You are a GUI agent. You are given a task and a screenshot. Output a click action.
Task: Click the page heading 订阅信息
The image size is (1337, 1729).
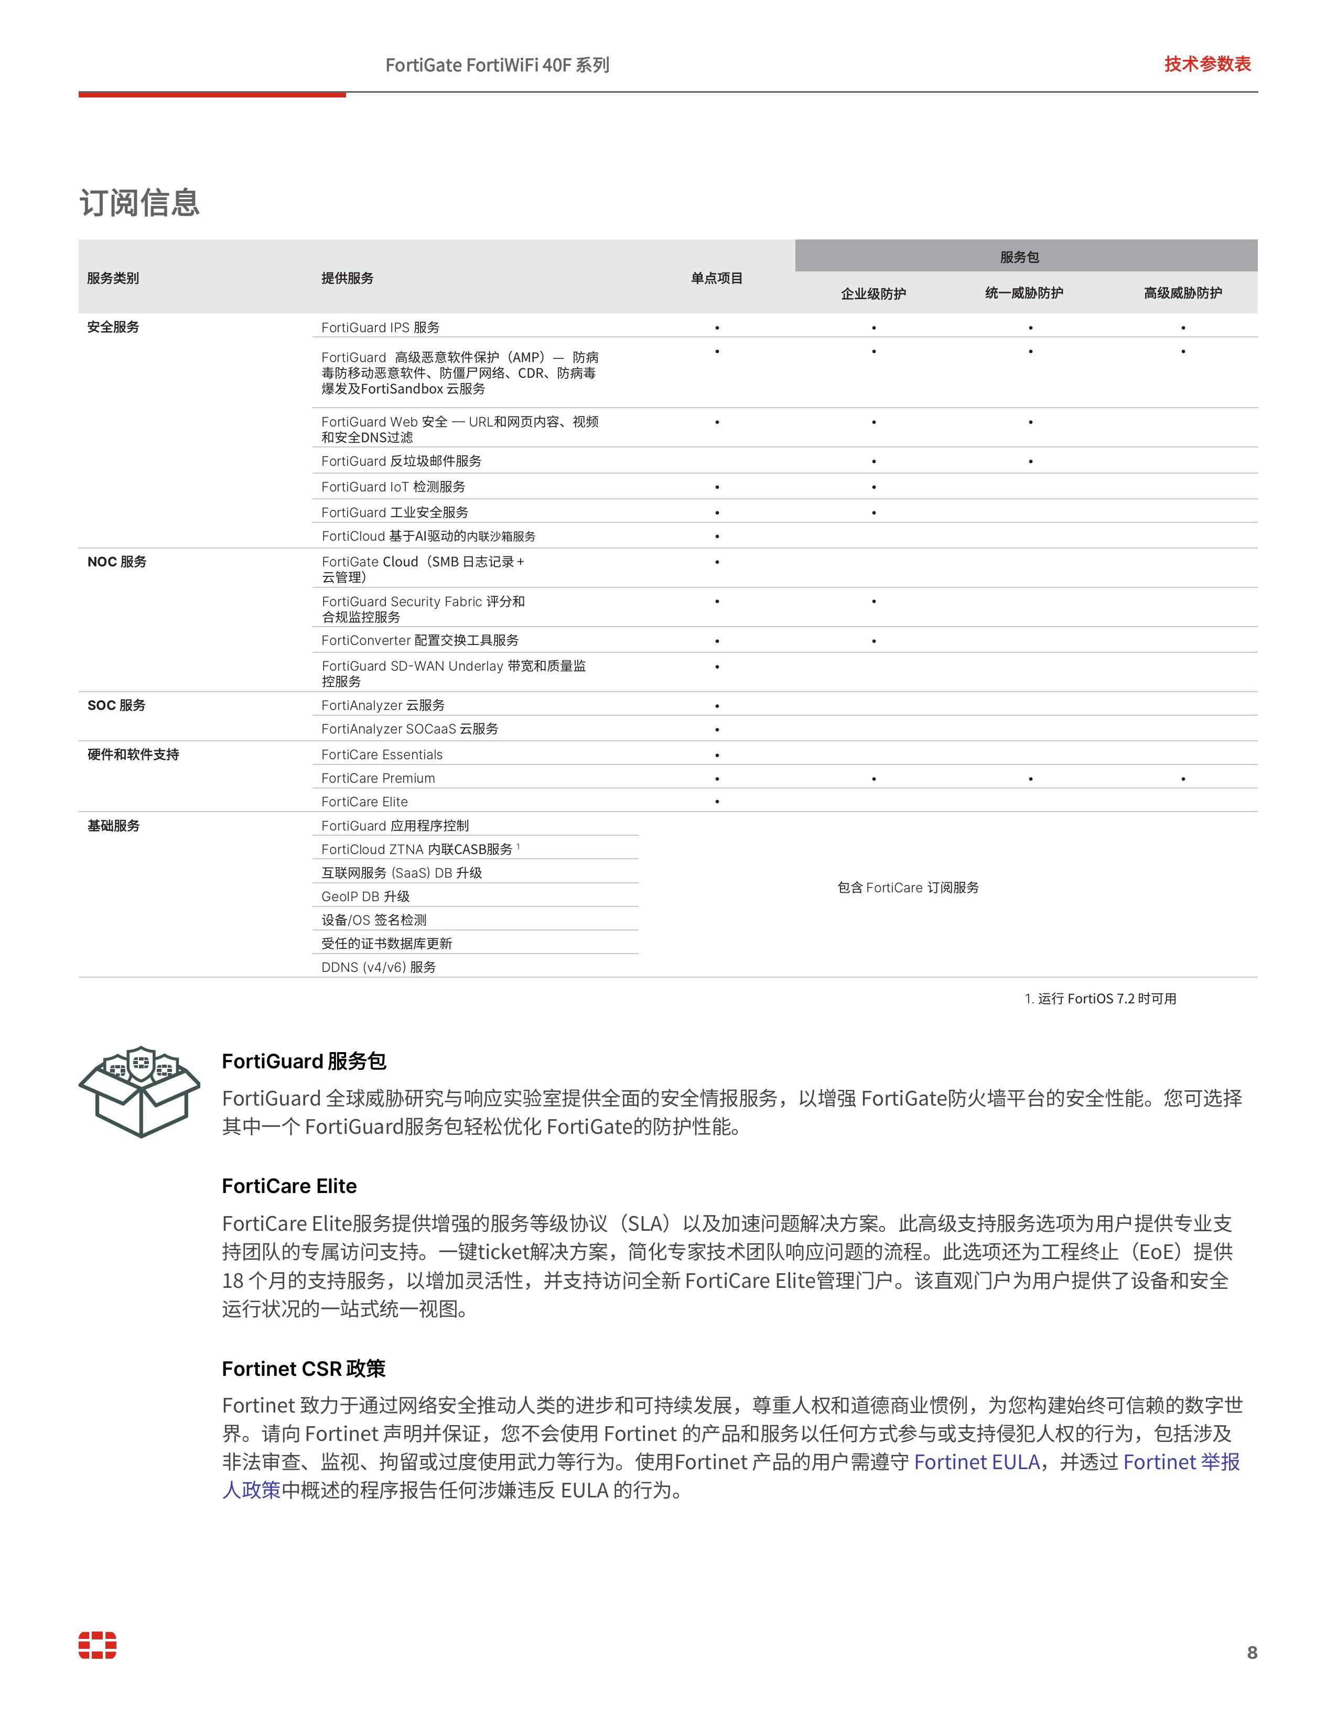pos(139,203)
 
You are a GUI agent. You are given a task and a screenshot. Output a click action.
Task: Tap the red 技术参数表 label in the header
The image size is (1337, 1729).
pos(1207,64)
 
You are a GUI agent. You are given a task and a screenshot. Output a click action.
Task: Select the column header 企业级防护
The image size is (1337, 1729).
pos(873,294)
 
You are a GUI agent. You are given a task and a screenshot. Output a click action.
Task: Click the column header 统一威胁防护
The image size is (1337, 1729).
pos(1024,293)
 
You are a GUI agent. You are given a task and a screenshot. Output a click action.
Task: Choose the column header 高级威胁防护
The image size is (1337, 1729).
pos(1182,293)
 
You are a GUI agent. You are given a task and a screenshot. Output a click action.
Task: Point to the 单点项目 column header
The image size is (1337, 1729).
pos(717,278)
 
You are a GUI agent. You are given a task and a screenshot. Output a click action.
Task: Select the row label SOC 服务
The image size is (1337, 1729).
pos(116,705)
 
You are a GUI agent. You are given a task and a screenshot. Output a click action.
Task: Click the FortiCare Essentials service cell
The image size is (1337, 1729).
pos(382,754)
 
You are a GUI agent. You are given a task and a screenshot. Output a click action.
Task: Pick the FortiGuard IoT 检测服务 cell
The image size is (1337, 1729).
pos(393,486)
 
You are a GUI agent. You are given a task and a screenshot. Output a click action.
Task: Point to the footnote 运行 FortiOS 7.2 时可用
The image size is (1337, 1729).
pos(1101,998)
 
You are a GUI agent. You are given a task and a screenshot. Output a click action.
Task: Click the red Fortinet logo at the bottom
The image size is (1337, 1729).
pos(98,1645)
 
